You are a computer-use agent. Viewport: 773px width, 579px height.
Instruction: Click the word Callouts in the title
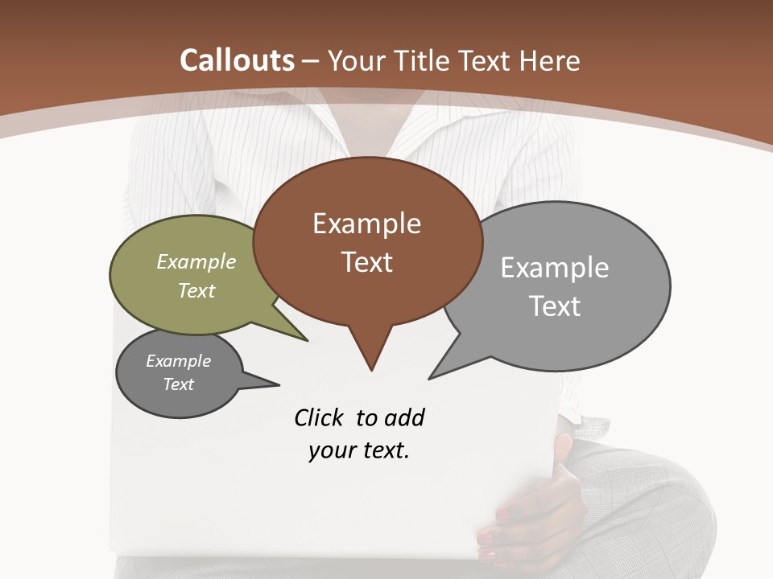tap(238, 60)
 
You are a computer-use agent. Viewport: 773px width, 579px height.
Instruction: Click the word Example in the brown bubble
tap(366, 224)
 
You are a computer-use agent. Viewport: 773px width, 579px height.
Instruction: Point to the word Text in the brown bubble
tap(366, 262)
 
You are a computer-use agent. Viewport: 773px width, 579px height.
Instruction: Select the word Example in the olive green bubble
tap(196, 261)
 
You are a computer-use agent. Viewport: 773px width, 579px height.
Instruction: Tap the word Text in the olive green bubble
tap(196, 290)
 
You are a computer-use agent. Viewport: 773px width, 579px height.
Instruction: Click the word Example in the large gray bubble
tap(555, 268)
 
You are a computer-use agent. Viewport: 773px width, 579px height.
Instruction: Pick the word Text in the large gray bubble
tap(555, 306)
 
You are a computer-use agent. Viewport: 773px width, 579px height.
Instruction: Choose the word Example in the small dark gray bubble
tap(178, 361)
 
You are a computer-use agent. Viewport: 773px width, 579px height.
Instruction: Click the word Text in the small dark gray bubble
tap(178, 384)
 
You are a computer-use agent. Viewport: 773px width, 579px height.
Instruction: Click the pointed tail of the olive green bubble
tap(304, 339)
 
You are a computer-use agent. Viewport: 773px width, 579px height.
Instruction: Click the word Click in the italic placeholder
tap(320, 417)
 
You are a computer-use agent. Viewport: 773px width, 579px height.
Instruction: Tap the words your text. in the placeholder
tap(359, 450)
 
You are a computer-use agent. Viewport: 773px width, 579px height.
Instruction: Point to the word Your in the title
tap(356, 60)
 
